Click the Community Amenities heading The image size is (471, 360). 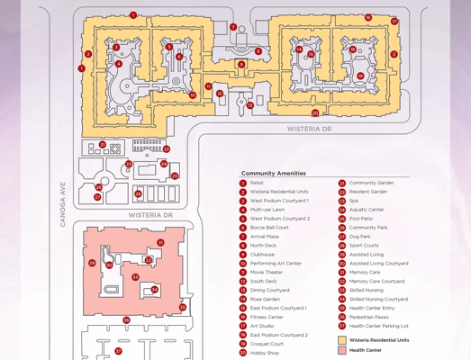point(273,173)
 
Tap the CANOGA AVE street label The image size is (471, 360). point(63,204)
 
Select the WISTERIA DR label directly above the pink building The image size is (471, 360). point(150,216)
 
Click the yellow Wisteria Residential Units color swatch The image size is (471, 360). point(342,340)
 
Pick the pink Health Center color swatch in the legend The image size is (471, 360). point(342,350)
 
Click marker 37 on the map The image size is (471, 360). point(118,352)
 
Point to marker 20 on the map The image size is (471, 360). point(315,113)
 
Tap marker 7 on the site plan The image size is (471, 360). point(233,27)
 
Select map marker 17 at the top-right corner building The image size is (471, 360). point(394,22)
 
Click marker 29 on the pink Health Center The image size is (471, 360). point(92,264)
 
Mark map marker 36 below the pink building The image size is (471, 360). point(126,320)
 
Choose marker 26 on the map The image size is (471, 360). point(98,188)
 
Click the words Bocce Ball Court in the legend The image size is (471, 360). point(269,228)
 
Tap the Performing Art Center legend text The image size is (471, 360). point(276,264)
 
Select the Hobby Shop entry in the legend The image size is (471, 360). point(264,353)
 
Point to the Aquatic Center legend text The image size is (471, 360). point(367,210)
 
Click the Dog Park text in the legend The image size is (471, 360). point(359,237)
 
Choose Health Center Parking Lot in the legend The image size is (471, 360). point(378,326)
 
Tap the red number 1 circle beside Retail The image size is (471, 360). point(243,184)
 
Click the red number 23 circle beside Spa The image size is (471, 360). point(342,202)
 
